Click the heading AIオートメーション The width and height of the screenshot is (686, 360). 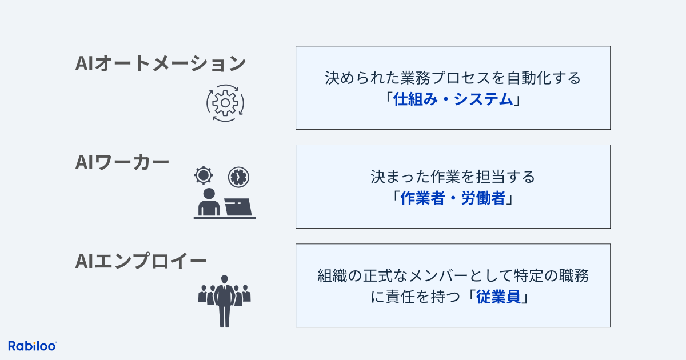pos(161,63)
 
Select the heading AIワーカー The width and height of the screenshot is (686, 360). pos(122,162)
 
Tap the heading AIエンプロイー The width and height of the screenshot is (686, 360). pos(141,261)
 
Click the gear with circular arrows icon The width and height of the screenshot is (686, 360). pos(225,103)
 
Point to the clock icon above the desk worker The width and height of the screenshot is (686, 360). pos(238,177)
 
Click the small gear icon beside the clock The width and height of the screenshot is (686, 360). pos(204,175)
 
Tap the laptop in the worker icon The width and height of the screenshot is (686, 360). pos(238,207)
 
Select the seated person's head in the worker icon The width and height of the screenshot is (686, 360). pos(209,194)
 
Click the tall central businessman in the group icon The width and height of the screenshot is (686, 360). pos(225,301)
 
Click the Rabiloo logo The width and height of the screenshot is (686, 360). pos(32,346)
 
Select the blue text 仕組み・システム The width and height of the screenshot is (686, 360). pos(453,99)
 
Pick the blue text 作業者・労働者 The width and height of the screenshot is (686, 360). pos(453,198)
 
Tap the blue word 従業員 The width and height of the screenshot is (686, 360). pos(498,297)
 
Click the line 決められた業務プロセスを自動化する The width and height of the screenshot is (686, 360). pos(453,78)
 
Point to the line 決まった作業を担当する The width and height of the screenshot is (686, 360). pos(453,177)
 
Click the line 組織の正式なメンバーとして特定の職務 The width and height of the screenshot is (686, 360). pos(453,275)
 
